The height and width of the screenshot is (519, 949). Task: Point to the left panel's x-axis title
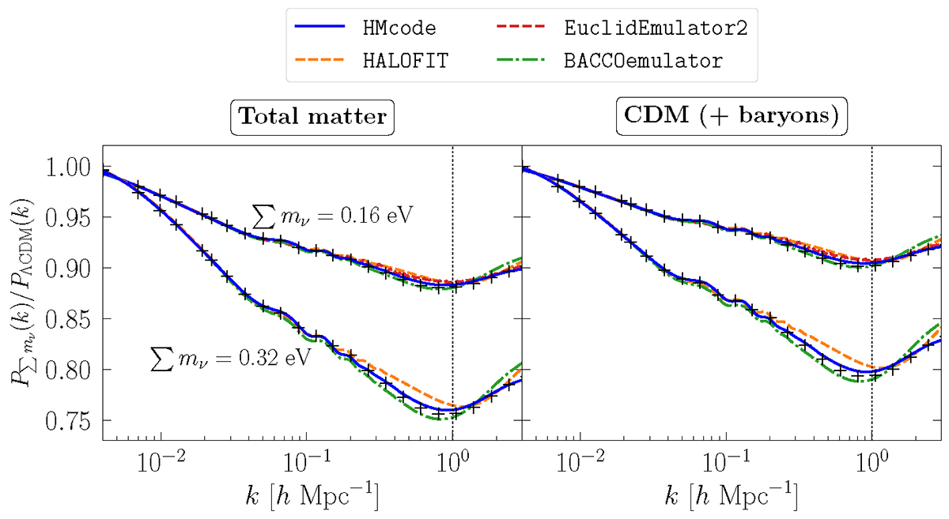coord(312,498)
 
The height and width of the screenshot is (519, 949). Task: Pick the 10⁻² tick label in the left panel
coord(161,464)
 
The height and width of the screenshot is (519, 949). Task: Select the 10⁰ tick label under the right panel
coord(871,464)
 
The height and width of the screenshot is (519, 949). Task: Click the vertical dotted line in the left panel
coord(452,237)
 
